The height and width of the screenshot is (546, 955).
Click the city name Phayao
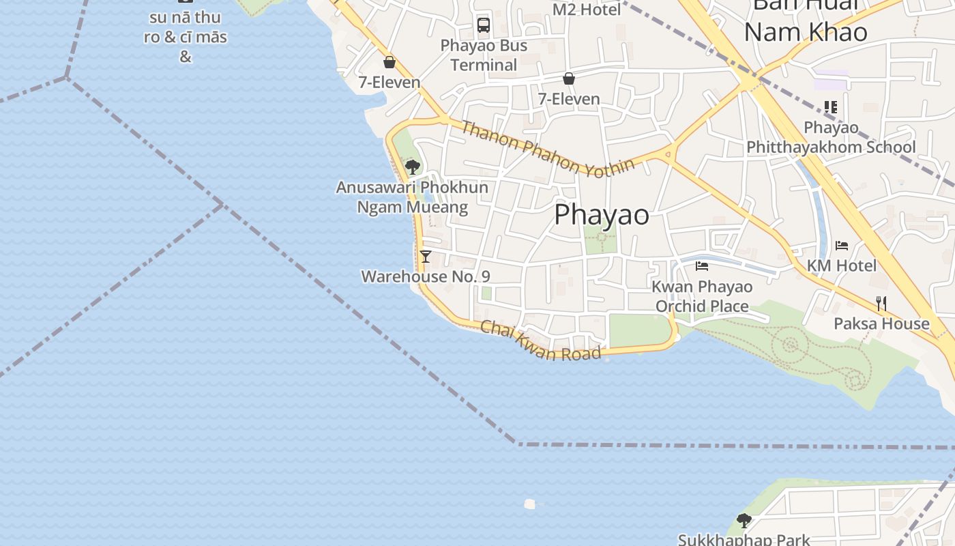coord(602,214)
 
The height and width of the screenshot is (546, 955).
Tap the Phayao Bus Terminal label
coord(484,55)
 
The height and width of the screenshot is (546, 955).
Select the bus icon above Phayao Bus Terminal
coord(484,25)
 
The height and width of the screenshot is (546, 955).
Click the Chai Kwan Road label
coord(541,341)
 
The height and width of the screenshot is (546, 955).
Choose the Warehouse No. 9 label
coord(426,276)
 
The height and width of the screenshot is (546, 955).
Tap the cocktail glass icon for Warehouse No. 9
coord(426,257)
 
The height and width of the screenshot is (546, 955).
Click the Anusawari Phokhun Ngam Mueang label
coord(412,197)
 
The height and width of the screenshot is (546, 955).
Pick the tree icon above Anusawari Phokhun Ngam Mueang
coord(412,167)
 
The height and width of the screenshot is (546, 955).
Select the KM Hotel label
coord(842,265)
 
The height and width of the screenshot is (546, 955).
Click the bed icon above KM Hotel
coord(842,246)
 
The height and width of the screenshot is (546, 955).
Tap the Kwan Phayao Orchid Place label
coord(702,296)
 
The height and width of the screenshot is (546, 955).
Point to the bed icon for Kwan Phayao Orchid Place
coord(702,266)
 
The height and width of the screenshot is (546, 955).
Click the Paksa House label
coord(881,323)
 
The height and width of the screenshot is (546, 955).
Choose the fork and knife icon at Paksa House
coord(881,304)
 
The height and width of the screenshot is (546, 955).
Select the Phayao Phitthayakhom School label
coord(831,137)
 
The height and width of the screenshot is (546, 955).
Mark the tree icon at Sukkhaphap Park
coord(744,521)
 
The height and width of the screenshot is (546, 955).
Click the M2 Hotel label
coord(587,10)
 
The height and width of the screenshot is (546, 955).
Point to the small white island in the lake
coord(529,504)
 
